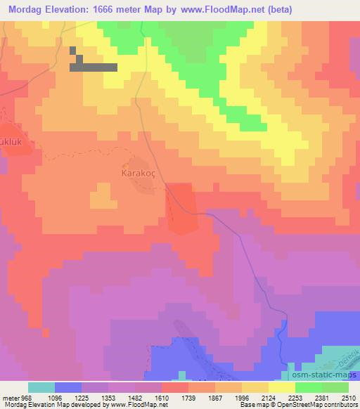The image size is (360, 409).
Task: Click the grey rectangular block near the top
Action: [x=94, y=67]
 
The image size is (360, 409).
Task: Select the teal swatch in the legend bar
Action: [x=41, y=387]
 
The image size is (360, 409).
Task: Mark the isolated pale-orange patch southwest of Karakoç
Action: [x=103, y=196]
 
